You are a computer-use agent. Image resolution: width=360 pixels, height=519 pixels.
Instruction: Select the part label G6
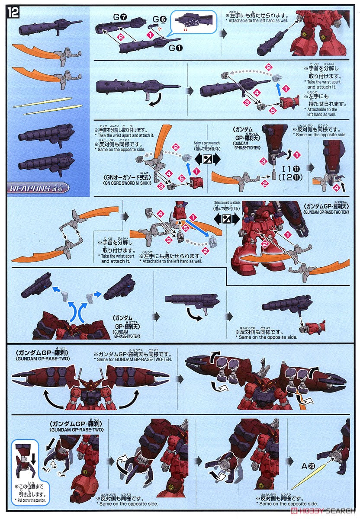pos(159,19)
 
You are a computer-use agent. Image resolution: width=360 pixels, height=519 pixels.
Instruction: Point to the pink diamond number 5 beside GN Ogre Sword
pos(182,177)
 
